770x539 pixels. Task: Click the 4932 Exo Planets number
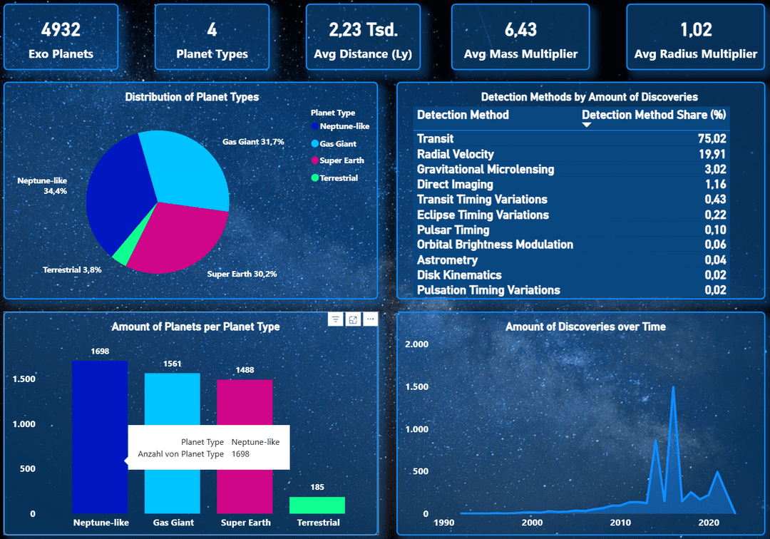pos(61,29)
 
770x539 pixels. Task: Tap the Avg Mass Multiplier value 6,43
pos(520,29)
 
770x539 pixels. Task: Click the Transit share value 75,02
pos(712,139)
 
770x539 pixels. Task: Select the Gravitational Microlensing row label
pos(486,170)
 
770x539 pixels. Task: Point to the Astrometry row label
pos(447,260)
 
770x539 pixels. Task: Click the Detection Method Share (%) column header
pos(654,115)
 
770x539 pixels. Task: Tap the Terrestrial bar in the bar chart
pos(317,505)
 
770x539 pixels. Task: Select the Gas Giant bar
pos(173,442)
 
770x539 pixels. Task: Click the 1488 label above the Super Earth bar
pos(245,370)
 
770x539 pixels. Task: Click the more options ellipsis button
pos(370,319)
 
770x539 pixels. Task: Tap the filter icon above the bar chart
pos(336,319)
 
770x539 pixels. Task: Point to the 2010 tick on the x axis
pos(621,523)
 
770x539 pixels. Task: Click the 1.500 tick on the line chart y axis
pos(416,387)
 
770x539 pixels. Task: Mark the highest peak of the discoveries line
pos(673,387)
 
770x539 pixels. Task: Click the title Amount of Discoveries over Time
pos(585,327)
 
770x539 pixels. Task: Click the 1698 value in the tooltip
pos(241,454)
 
